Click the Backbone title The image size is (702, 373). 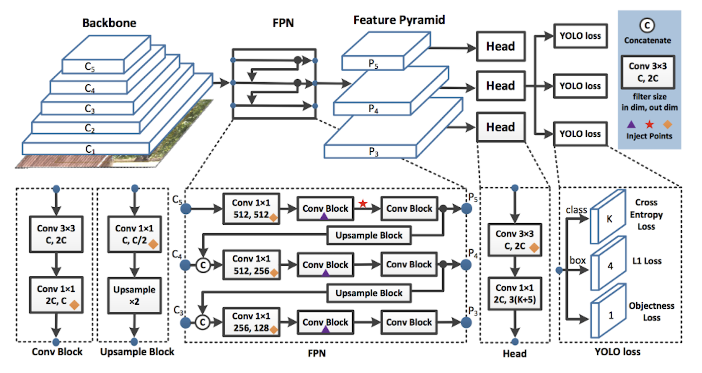click(109, 23)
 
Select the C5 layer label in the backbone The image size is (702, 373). click(90, 67)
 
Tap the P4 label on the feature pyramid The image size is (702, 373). click(373, 109)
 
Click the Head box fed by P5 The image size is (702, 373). click(501, 46)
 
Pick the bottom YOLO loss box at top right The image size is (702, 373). click(580, 134)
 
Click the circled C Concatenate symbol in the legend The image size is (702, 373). click(647, 26)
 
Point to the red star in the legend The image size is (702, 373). click(649, 124)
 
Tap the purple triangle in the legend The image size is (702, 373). click(631, 124)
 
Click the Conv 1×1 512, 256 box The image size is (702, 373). click(251, 265)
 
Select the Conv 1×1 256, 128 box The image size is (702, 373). click(251, 322)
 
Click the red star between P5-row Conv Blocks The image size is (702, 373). click(363, 203)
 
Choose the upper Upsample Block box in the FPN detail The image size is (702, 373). click(369, 235)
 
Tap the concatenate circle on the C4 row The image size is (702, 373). click(203, 265)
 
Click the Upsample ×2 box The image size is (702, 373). click(134, 295)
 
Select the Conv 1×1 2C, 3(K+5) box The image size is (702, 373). click(515, 294)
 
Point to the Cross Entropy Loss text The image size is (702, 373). click(646, 214)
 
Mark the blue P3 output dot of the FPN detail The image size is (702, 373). click(466, 322)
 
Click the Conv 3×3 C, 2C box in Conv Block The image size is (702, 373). click(56, 234)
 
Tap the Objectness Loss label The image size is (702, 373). click(651, 311)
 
